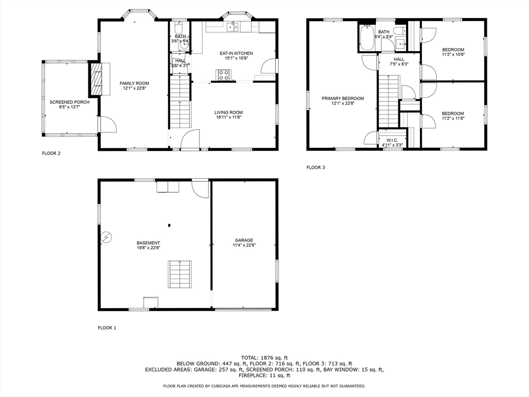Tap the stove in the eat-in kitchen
point(224,75)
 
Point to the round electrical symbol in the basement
point(106,237)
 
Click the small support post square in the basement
point(169,225)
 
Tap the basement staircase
point(180,274)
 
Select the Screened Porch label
point(69,102)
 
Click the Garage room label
point(244,240)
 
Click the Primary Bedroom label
point(343,98)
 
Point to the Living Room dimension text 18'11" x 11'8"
point(228,118)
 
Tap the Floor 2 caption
point(51,154)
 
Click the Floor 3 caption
point(316,167)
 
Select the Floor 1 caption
point(107,328)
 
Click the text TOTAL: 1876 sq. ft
point(264,358)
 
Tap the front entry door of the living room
point(190,140)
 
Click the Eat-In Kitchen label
point(236,53)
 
